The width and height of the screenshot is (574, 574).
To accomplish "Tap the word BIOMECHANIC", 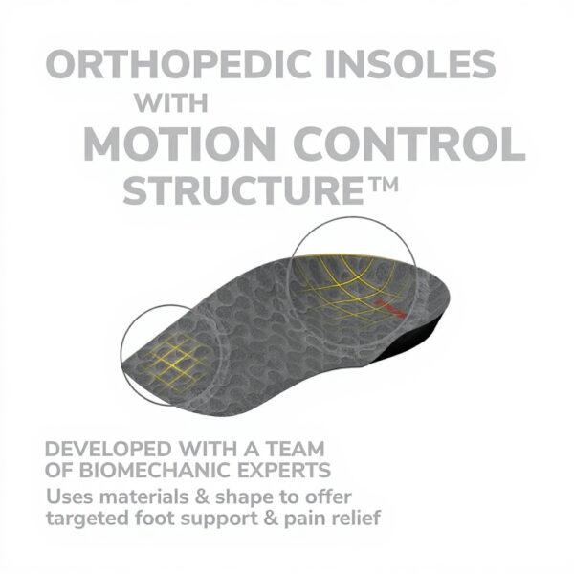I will tap(169, 472).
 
